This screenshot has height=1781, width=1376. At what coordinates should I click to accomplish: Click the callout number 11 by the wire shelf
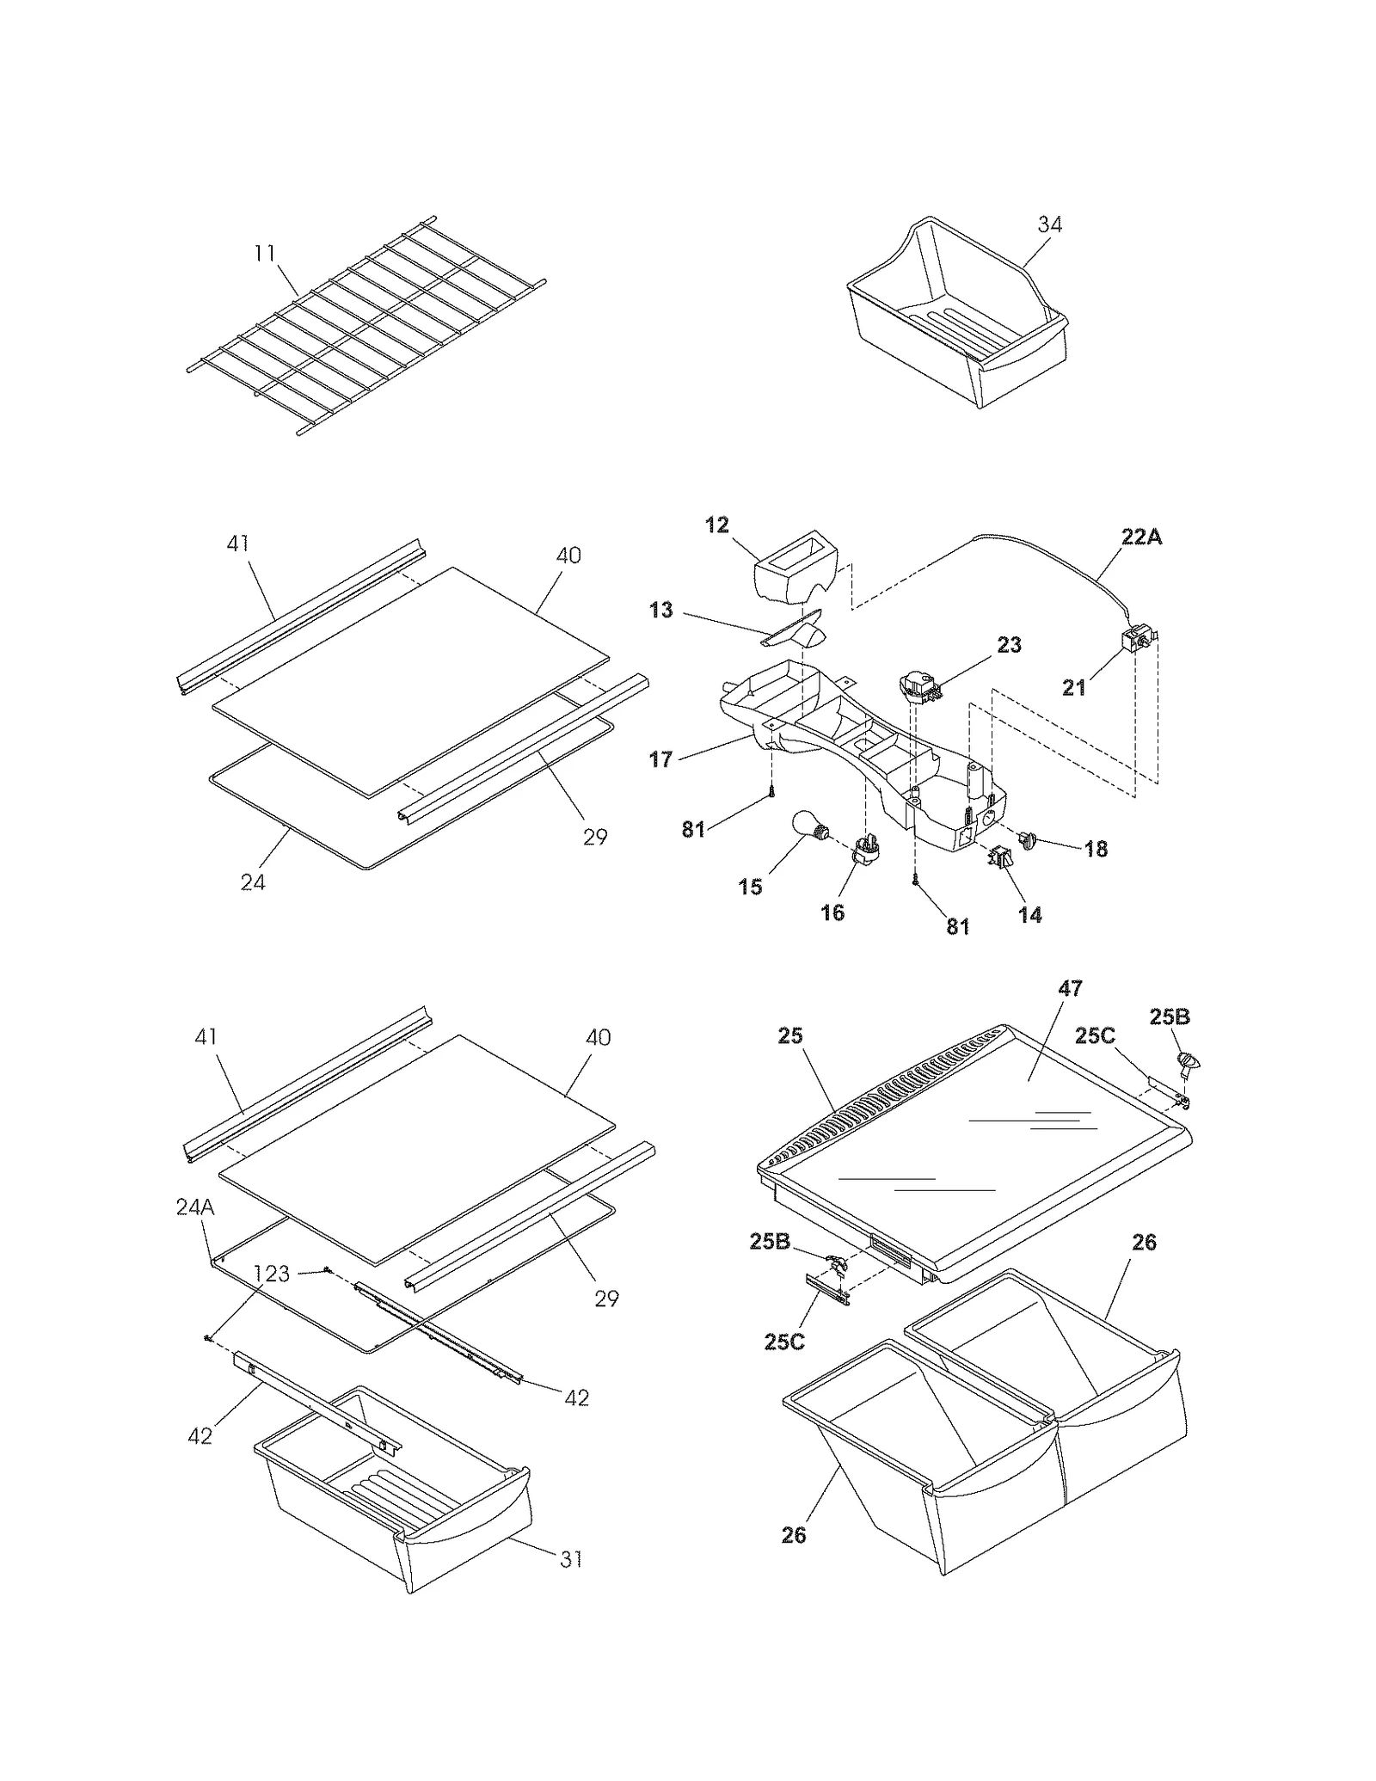tap(265, 253)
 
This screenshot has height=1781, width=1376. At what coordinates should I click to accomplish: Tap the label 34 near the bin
tap(1049, 224)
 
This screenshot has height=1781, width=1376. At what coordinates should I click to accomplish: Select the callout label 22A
tap(1141, 537)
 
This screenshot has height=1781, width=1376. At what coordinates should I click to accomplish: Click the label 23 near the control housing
tap(1009, 644)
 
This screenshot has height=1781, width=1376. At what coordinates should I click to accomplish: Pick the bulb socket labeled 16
tap(866, 848)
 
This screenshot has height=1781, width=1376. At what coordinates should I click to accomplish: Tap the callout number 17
tap(660, 759)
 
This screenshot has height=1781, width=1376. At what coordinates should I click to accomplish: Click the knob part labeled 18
tap(1029, 838)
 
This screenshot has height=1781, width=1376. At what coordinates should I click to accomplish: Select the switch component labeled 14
tap(1000, 857)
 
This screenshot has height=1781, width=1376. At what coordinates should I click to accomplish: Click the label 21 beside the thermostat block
tap(1073, 687)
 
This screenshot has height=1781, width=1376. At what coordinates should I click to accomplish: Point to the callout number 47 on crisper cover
tap(1070, 988)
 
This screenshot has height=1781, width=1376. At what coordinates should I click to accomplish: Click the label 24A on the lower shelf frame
tap(195, 1207)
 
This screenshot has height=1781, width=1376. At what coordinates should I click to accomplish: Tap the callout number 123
tap(272, 1274)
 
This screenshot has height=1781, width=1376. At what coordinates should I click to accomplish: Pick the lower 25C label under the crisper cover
tap(784, 1341)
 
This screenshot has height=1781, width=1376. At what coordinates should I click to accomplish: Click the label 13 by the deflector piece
tap(660, 611)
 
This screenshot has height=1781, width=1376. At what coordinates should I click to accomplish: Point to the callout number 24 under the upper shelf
tap(253, 882)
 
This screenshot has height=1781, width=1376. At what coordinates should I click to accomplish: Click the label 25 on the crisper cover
tap(789, 1035)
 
